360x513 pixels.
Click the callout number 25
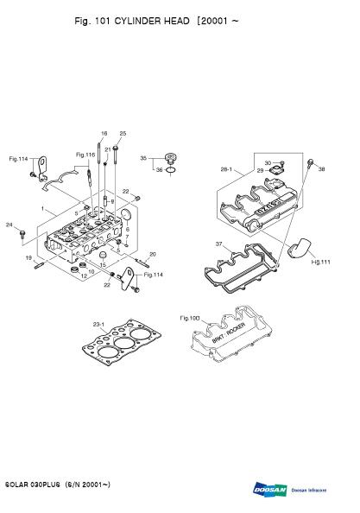123,133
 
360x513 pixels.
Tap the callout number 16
104,133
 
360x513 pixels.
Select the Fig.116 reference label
85,155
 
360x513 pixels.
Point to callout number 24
9,225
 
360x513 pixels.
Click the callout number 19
28,257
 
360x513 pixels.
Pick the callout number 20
153,254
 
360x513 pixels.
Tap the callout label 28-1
227,171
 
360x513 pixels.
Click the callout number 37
218,244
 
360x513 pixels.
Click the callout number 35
144,158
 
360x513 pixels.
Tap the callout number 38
322,169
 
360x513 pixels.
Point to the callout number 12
84,275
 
